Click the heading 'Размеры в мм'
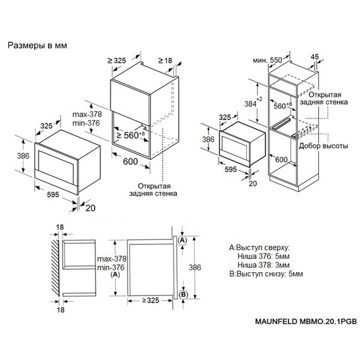pos(37,45)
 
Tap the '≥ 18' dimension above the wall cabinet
pos(165,61)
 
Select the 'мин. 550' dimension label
pos(268,60)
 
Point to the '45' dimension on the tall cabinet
pos(315,56)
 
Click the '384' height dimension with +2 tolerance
pos(253,104)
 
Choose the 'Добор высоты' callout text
pos(323,146)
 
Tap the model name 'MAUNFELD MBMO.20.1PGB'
pos(306,321)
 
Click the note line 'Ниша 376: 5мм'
pos(263,256)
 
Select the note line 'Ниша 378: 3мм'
pos(263,265)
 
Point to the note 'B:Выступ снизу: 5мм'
pos(266,273)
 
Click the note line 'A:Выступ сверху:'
pos(260,248)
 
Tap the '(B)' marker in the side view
pos(183,294)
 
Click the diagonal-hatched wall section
pos(55,268)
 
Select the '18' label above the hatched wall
pos(60,227)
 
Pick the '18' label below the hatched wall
pos(61,309)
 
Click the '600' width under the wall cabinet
pos(130,162)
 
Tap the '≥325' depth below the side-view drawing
pos(150,300)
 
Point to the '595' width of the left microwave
pos(53,195)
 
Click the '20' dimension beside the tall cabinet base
pos(253,183)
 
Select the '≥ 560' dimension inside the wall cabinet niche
pos(130,135)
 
